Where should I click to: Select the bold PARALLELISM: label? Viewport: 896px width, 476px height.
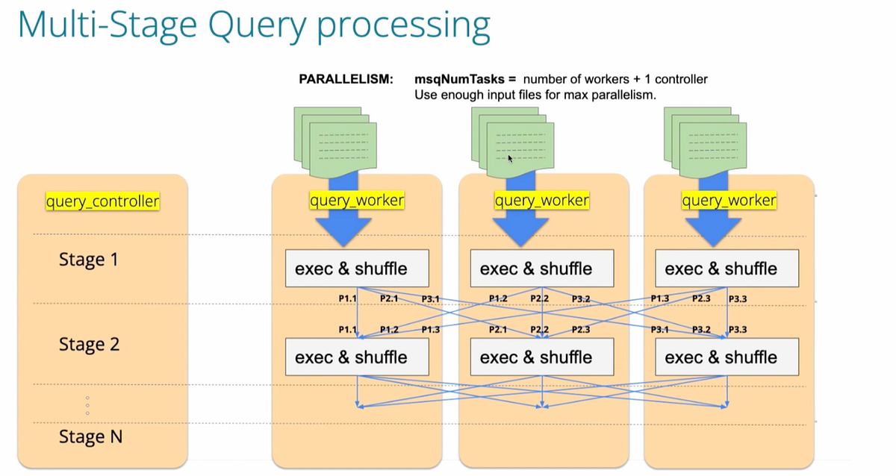[x=345, y=78]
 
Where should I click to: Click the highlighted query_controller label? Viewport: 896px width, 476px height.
[x=102, y=201]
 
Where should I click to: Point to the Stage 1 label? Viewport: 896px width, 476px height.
[x=88, y=260]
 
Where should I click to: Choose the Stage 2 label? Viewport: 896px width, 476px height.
[x=88, y=345]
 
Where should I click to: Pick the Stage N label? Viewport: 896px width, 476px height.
[x=90, y=436]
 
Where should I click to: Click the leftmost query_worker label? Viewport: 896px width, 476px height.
[x=357, y=201]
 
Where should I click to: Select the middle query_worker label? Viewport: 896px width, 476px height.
[x=541, y=201]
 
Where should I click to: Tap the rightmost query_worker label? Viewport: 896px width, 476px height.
[x=728, y=201]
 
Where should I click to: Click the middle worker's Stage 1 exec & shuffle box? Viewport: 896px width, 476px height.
[x=541, y=269]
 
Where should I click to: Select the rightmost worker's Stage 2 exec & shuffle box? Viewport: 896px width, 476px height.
[x=727, y=357]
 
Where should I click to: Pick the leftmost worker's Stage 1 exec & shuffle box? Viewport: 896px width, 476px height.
[x=357, y=269]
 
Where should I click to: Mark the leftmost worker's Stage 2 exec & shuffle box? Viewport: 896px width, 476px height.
[x=357, y=357]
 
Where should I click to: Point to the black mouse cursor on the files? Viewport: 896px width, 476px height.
[x=511, y=158]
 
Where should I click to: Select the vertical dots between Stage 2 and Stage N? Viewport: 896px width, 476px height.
[x=87, y=406]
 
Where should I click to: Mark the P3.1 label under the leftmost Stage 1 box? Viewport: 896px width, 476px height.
[x=430, y=298]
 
